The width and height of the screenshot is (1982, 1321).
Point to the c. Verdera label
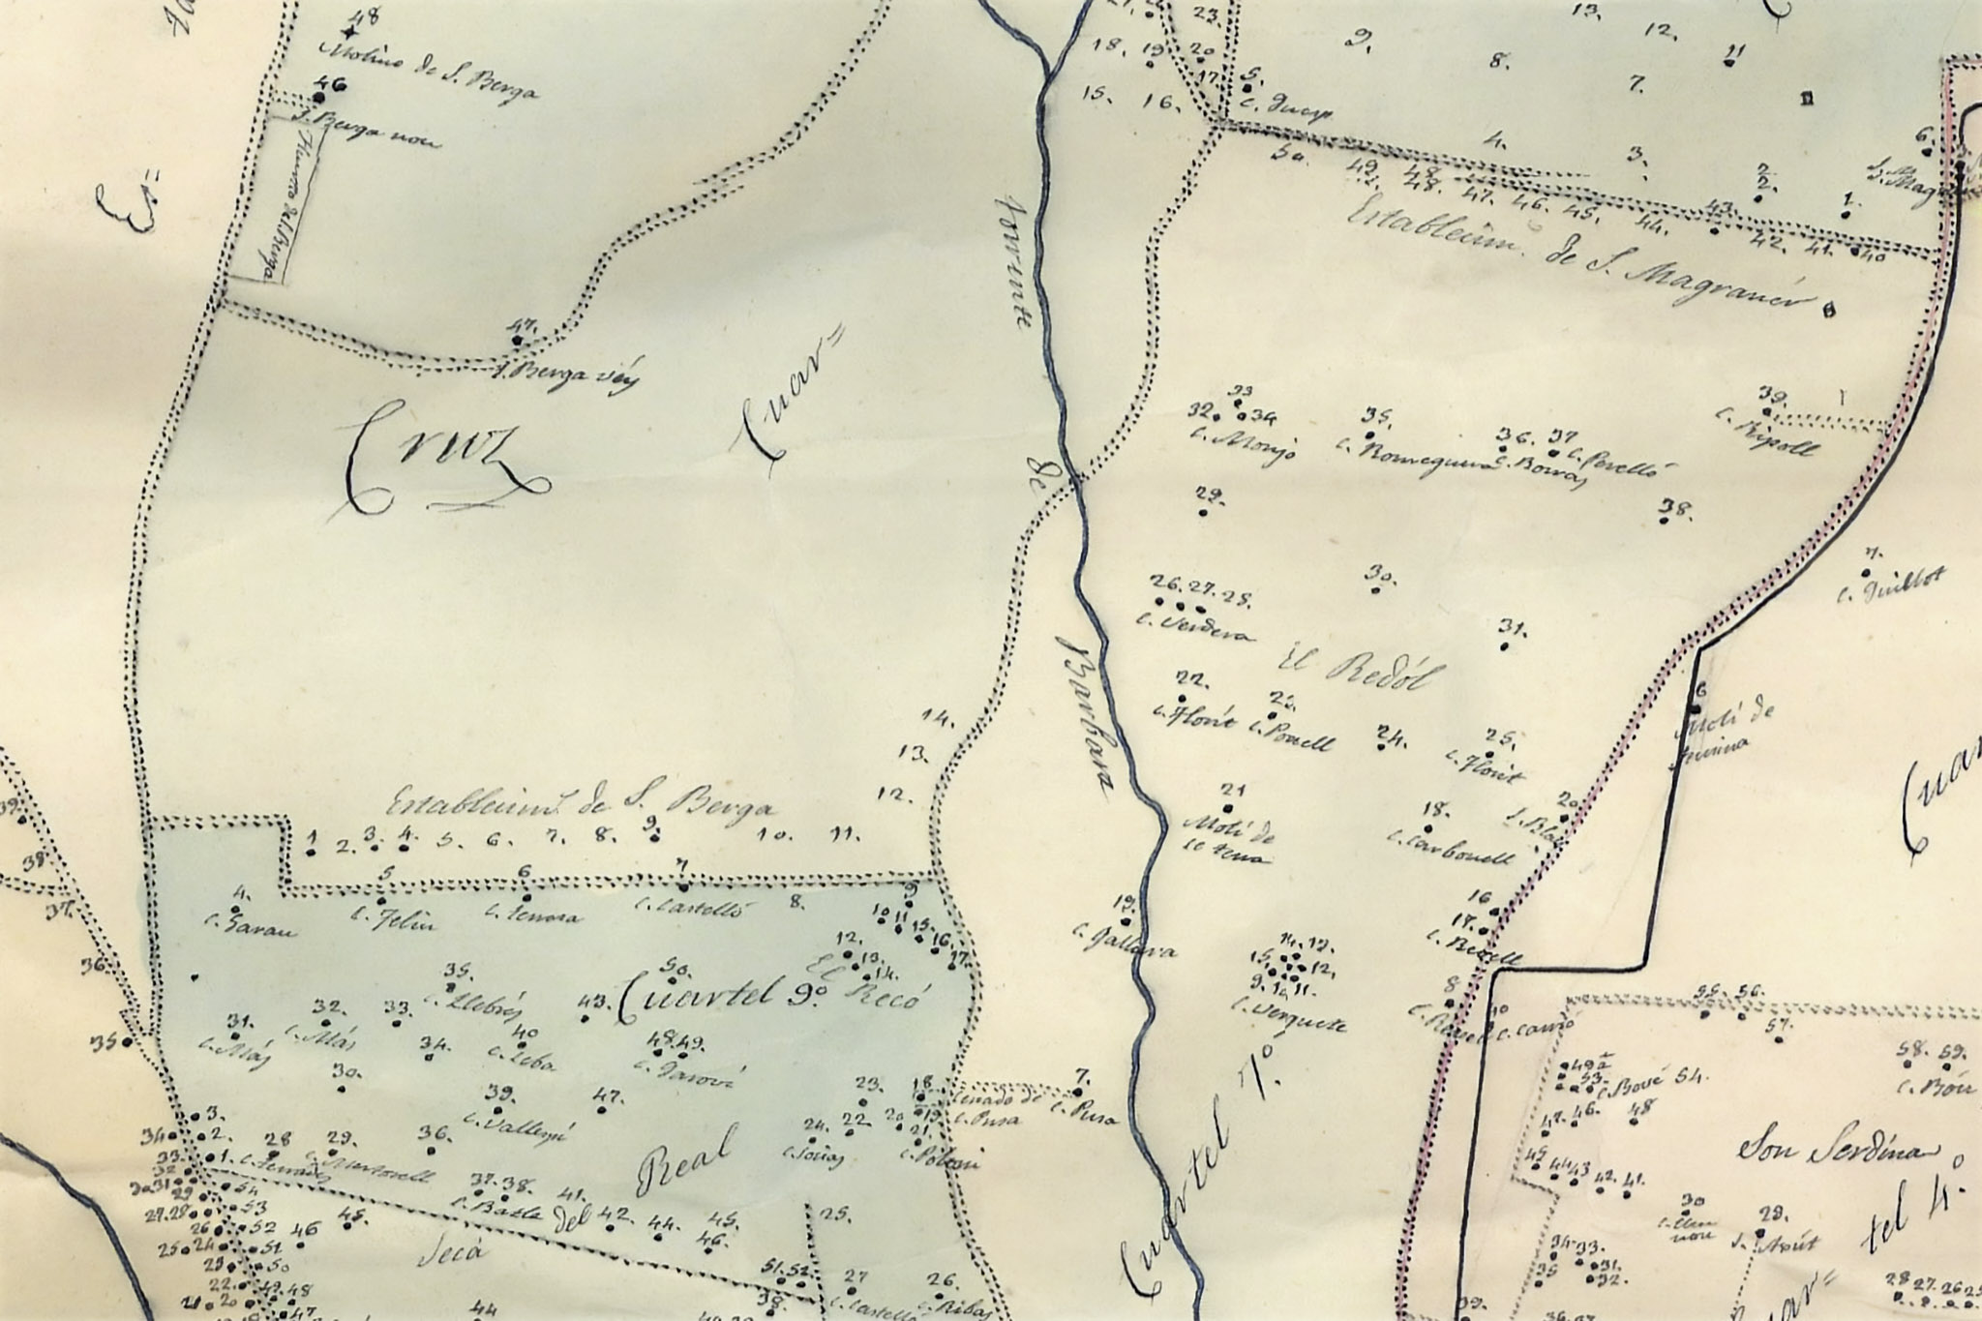pos(1199,627)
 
